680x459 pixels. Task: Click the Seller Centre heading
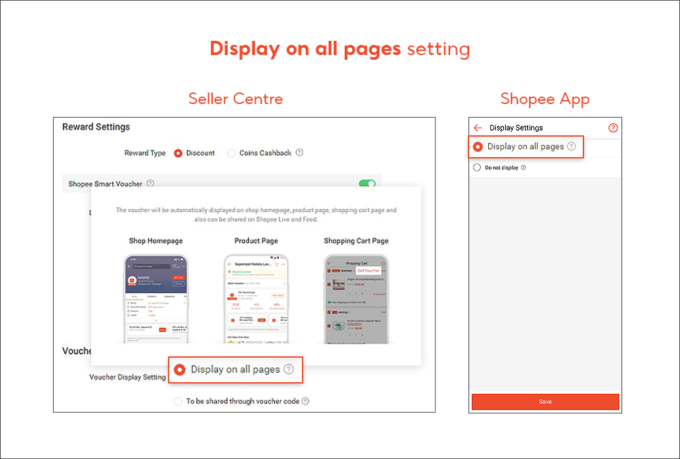pos(235,99)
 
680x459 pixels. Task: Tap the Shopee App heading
pos(545,99)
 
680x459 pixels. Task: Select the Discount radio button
pos(178,153)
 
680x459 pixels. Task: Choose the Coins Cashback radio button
pos(232,153)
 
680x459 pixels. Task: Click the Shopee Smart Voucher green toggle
pos(367,184)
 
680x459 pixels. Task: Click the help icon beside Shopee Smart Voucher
pos(150,184)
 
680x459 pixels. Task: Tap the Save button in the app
pos(545,402)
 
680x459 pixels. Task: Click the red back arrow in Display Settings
pos(478,128)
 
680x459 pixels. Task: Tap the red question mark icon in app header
pos(613,128)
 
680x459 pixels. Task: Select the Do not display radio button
pos(477,167)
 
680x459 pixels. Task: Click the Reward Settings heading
pos(96,127)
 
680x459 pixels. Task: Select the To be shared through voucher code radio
pos(179,401)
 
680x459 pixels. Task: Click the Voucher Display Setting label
pos(127,377)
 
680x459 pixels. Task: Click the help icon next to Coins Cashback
pos(299,153)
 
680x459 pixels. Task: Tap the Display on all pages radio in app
pos(478,146)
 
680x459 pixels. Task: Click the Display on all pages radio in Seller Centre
pos(180,369)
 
